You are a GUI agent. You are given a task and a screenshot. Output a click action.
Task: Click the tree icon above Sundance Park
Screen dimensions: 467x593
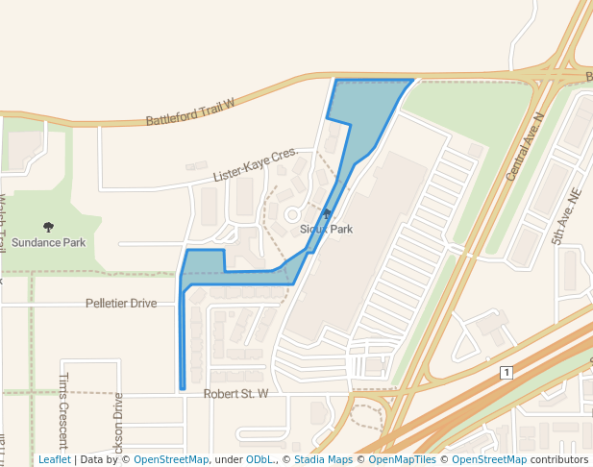48,227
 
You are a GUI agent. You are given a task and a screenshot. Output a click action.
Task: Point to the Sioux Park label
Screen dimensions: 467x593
326,229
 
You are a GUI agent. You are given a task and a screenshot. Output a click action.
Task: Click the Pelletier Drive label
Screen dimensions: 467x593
121,304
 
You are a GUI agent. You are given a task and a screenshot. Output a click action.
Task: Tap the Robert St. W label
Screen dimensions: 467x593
235,394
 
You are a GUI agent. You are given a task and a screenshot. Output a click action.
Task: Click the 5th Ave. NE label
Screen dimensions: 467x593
567,216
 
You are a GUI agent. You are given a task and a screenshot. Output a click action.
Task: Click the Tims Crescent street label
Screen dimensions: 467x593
64,411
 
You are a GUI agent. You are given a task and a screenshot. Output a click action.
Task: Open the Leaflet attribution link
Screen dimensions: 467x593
55,460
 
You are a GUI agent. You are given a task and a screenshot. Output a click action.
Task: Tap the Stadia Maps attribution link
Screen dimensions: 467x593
323,460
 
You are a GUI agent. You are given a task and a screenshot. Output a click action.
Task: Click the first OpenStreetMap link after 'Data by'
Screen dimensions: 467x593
170,460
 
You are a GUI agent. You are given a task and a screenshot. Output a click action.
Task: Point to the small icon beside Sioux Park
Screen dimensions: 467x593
327,213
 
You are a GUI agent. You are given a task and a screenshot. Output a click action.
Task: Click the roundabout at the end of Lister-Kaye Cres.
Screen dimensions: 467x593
292,214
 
